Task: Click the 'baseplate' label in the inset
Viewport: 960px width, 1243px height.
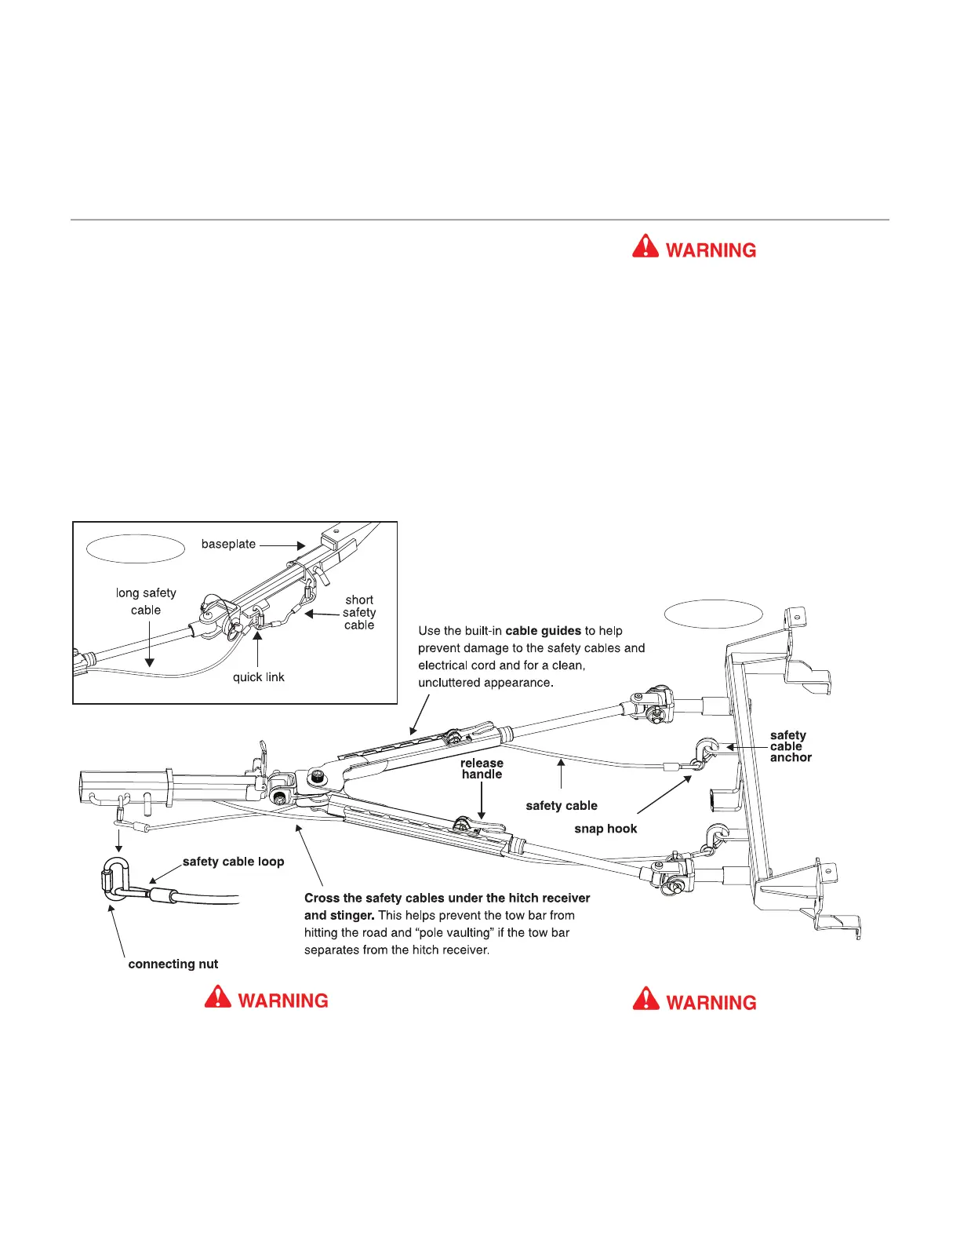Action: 228,544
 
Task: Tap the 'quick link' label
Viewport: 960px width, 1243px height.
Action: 258,677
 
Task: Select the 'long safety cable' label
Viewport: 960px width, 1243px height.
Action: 146,601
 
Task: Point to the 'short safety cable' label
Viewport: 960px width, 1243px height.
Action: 359,612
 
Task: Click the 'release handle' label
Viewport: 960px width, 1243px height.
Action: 482,768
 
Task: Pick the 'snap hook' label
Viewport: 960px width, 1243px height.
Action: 605,829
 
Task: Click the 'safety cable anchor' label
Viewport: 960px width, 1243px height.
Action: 790,746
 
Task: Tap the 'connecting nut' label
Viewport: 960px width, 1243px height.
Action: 173,964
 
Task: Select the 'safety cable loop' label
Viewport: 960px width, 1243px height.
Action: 233,862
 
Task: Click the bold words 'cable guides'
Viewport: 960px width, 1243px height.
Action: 543,631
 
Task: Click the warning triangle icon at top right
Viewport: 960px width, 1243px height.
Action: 645,247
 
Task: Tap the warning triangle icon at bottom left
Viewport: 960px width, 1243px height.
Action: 217,997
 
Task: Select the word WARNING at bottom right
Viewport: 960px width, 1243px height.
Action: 711,1003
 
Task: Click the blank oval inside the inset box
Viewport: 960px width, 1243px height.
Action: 136,549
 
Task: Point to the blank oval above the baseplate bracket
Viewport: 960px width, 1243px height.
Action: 713,614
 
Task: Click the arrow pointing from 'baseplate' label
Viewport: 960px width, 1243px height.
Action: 282,545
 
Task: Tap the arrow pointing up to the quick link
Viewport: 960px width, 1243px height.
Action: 256,654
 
